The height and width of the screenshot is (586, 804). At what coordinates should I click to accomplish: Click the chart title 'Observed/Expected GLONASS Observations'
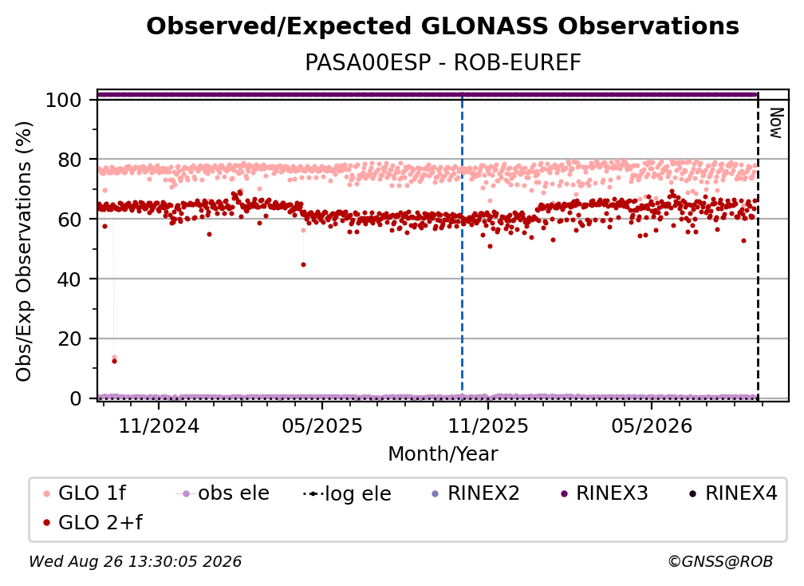pyautogui.click(x=443, y=26)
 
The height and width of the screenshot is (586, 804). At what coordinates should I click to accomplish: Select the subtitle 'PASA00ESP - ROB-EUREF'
pyautogui.click(x=443, y=62)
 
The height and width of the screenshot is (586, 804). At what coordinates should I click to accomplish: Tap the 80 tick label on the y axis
pyautogui.click(x=69, y=160)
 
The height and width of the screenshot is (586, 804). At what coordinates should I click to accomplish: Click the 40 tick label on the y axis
pyautogui.click(x=69, y=279)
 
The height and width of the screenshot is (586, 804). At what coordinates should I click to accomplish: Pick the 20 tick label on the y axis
pyautogui.click(x=69, y=339)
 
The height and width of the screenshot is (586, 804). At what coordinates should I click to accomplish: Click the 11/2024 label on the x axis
pyautogui.click(x=159, y=426)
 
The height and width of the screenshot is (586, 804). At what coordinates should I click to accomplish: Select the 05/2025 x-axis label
pyautogui.click(x=322, y=426)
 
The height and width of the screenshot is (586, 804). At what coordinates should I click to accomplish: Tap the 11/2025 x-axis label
pyautogui.click(x=488, y=426)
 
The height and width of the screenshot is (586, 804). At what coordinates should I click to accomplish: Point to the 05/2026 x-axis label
pyautogui.click(x=652, y=426)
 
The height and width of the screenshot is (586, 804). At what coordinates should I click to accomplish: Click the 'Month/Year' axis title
pyautogui.click(x=443, y=454)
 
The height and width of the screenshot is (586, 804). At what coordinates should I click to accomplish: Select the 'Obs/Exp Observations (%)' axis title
pyautogui.click(x=24, y=251)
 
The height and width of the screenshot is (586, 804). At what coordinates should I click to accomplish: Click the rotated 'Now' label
pyautogui.click(x=776, y=123)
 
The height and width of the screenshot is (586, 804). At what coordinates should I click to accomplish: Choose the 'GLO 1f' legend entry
pyautogui.click(x=85, y=493)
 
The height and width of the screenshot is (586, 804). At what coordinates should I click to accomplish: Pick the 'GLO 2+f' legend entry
pyautogui.click(x=93, y=523)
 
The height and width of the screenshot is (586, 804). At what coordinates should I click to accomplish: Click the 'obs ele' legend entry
pyautogui.click(x=223, y=493)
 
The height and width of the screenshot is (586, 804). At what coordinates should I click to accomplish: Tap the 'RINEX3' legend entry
pyautogui.click(x=605, y=493)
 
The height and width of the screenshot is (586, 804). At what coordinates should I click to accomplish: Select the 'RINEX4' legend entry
pyautogui.click(x=734, y=493)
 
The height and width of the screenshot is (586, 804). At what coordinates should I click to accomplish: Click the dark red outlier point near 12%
pyautogui.click(x=114, y=361)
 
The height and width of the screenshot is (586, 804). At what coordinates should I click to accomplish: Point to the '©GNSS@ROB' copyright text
pyautogui.click(x=720, y=562)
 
